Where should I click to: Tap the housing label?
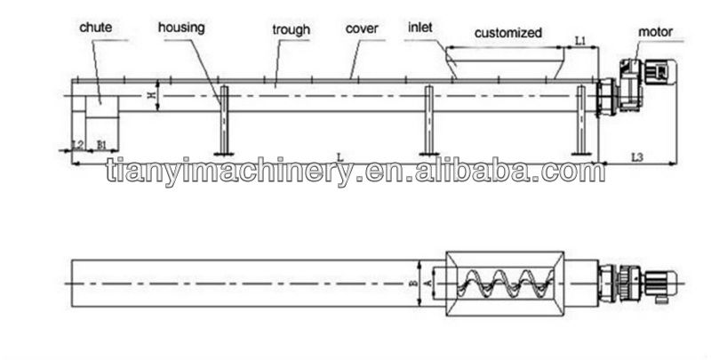coord(181,28)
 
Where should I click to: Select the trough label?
coord(292,30)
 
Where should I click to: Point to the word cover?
coord(362,28)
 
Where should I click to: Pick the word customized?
coord(507,33)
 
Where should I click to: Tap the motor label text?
coord(655,32)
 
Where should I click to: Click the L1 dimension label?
coord(579,40)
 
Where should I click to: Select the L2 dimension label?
coord(76,144)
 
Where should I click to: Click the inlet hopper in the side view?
coord(505,65)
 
